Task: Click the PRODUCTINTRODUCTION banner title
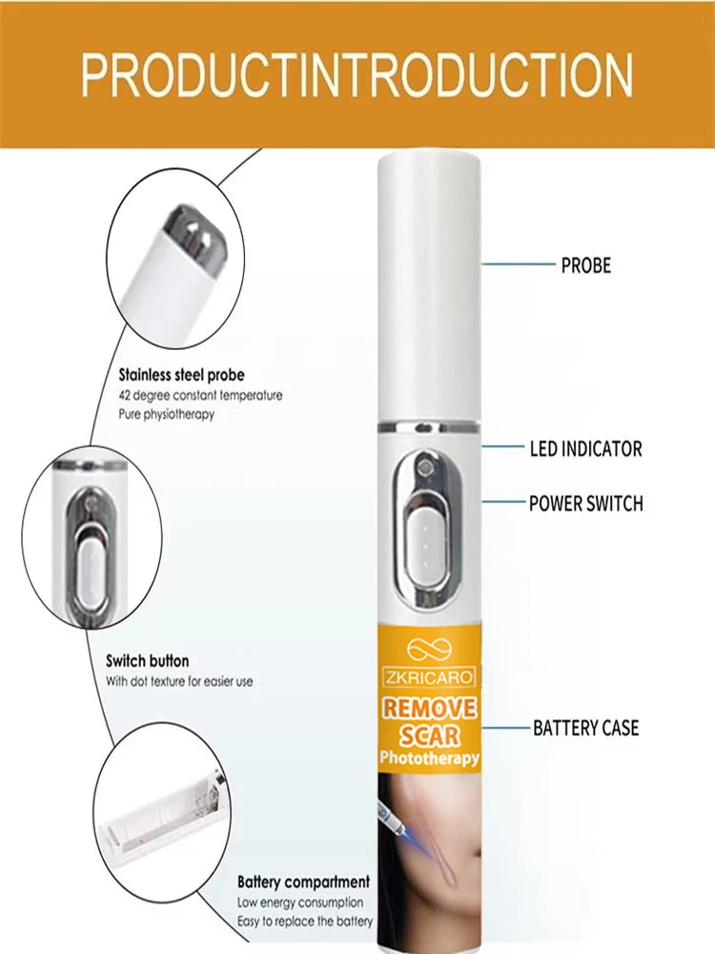click(x=357, y=75)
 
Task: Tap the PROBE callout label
click(x=586, y=265)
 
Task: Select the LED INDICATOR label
click(x=586, y=449)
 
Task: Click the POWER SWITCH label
click(x=586, y=503)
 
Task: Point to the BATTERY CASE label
click(x=586, y=728)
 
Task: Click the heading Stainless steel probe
click(x=181, y=375)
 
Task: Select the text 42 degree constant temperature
click(x=200, y=396)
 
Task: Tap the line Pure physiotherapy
click(x=166, y=415)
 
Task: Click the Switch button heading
click(x=147, y=661)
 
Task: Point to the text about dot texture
click(x=179, y=681)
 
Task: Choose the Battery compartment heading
click(x=303, y=881)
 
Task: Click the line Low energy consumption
click(x=299, y=902)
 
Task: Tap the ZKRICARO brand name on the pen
click(x=428, y=676)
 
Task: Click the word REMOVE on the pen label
click(x=429, y=708)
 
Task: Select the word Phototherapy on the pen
click(x=429, y=758)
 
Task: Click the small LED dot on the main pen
click(x=425, y=467)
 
